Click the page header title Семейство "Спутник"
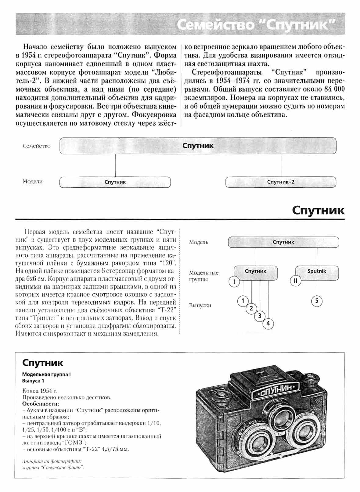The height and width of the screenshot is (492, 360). point(256,24)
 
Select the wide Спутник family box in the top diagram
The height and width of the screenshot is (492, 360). point(198,146)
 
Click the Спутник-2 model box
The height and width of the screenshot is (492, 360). point(281,182)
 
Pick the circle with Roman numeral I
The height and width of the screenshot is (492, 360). point(234,281)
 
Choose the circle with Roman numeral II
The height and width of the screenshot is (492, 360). point(295,280)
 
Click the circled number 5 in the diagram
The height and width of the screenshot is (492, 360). point(317,301)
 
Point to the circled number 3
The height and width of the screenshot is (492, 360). point(260,316)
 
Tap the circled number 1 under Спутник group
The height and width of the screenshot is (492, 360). point(243,301)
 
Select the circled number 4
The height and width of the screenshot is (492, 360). point(268,323)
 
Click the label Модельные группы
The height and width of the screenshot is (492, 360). point(203,276)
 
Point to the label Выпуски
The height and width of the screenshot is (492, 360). point(200,305)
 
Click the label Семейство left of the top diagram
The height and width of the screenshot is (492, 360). point(37,146)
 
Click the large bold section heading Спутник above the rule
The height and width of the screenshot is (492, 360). point(318,210)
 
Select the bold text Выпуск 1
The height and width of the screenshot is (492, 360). point(33,381)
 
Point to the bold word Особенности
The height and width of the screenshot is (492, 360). point(40,404)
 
